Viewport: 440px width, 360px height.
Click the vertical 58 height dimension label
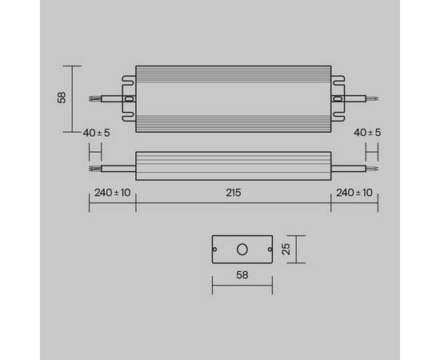pos(61,98)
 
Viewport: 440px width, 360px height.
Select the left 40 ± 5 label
pos(97,131)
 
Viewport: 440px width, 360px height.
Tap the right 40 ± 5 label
pos(368,131)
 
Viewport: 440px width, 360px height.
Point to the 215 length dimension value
pos(233,194)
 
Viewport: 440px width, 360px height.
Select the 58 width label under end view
pos(242,274)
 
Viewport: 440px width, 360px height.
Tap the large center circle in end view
pos(242,250)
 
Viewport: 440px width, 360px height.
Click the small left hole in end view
pos(216,250)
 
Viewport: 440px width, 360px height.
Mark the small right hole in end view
pos(268,250)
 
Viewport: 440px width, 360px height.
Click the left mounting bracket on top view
pos(128,98)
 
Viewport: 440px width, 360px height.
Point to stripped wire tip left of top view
pos(95,98)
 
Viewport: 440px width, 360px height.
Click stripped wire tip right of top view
pos(370,98)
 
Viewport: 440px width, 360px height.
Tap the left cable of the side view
pos(116,168)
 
